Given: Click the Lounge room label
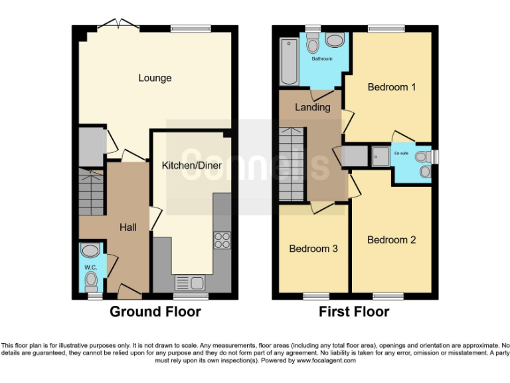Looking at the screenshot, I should coord(155,78).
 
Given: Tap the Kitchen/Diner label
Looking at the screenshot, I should coord(192,163).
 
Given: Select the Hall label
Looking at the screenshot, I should coord(128,227).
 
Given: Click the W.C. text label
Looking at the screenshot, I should coord(90,267).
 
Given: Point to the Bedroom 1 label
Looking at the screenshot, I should coord(392,87).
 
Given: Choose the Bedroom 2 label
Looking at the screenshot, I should coord(391,239).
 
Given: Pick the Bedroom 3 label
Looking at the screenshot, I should coord(313,249).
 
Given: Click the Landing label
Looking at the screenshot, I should coord(312,107).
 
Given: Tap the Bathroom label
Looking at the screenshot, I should coord(323,59).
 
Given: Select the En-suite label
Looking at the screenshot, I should coord(402,153).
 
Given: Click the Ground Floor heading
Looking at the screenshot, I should coord(155,311).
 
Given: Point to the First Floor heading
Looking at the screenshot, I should coord(354,311).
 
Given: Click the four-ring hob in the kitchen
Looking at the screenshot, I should coord(222,240).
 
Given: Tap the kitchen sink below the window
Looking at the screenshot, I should coord(190,283).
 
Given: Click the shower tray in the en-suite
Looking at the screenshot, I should coord(380,155).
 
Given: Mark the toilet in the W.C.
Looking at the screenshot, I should coord(91,283).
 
